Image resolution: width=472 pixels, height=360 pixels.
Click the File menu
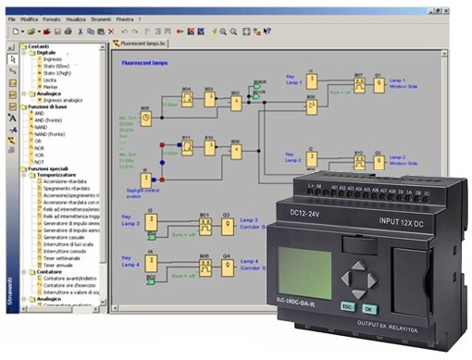pyautogui.click(x=11, y=19)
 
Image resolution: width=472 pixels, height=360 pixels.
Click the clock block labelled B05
pyautogui.click(x=144, y=118)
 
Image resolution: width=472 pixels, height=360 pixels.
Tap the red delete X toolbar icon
pyautogui.click(x=108, y=31)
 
